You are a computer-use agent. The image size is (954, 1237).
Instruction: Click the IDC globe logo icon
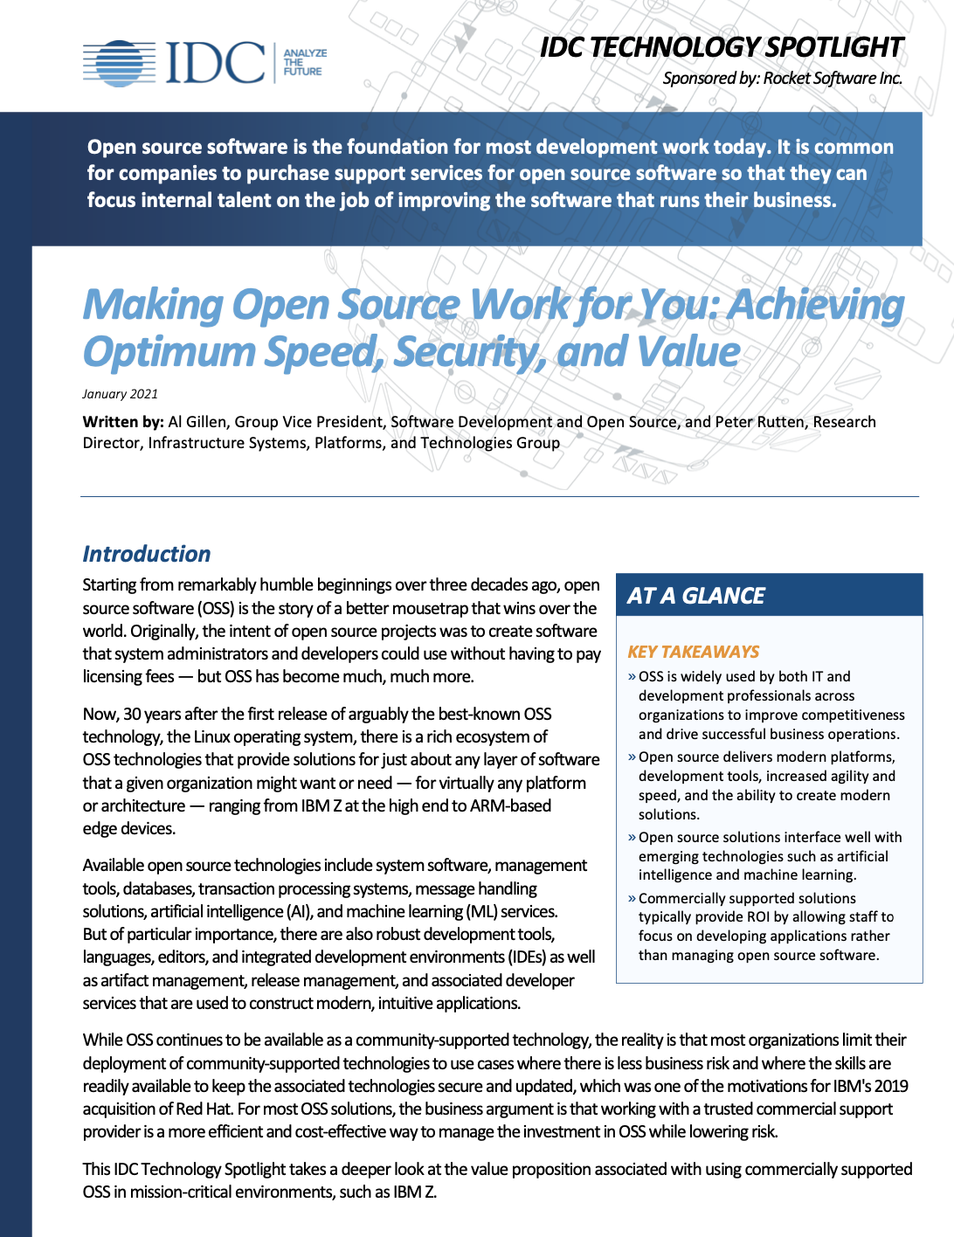(x=119, y=64)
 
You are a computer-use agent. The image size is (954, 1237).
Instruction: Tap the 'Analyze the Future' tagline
(x=304, y=63)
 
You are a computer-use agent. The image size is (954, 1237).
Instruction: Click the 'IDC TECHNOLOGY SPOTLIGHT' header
(x=721, y=47)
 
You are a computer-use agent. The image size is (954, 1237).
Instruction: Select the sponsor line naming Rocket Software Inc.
(x=782, y=79)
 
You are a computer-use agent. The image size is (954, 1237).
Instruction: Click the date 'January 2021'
(x=120, y=394)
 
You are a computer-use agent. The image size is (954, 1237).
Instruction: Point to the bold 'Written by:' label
(x=123, y=422)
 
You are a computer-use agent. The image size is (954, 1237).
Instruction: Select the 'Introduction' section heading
(x=147, y=554)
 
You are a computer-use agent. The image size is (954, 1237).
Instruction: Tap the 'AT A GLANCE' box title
(x=696, y=596)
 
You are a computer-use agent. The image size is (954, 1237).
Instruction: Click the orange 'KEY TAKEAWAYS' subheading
(x=694, y=652)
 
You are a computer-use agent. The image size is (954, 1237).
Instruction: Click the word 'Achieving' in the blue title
(x=816, y=305)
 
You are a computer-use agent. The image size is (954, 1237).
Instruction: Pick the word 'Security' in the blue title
(x=471, y=352)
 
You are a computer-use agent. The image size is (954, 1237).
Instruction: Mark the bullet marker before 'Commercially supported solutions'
(x=632, y=898)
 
